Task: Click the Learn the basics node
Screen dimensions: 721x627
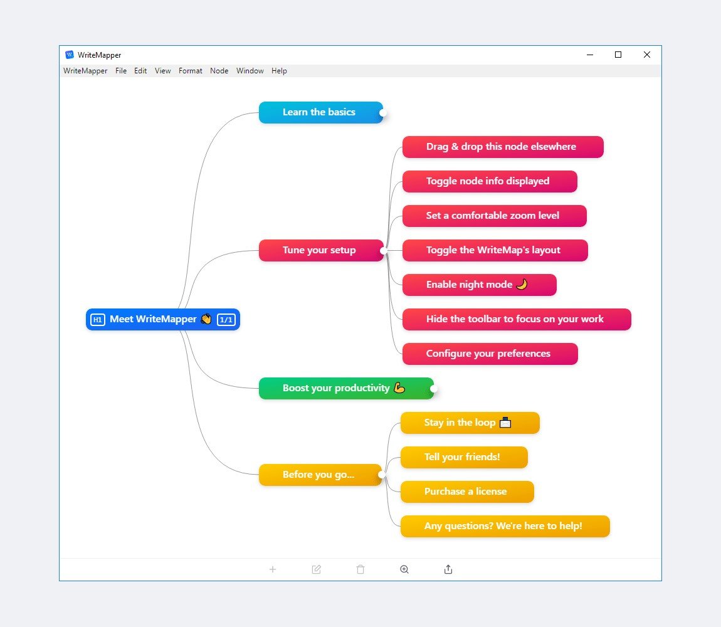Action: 320,112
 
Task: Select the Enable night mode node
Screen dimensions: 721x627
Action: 479,285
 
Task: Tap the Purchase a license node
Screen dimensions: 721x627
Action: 467,492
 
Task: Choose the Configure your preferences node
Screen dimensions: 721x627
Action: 490,354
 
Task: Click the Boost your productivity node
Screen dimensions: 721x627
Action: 346,388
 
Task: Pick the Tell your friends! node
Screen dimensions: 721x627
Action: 464,457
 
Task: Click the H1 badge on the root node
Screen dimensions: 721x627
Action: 97,320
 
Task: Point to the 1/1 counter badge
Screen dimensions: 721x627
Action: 226,320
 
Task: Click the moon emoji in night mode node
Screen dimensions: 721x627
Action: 522,284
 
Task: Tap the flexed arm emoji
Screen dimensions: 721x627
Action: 399,387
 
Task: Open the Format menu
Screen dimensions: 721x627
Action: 191,71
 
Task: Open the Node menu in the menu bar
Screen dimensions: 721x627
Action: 219,71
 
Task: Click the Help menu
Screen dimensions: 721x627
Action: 279,71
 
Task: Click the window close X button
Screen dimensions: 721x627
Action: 647,55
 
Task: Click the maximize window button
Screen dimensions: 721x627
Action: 618,55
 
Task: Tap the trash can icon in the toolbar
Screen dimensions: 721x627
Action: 360,569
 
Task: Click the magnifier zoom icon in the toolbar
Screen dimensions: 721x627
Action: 404,569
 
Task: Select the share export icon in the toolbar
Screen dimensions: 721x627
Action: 448,569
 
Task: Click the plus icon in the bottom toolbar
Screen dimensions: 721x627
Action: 273,569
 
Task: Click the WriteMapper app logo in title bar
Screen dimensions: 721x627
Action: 70,55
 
